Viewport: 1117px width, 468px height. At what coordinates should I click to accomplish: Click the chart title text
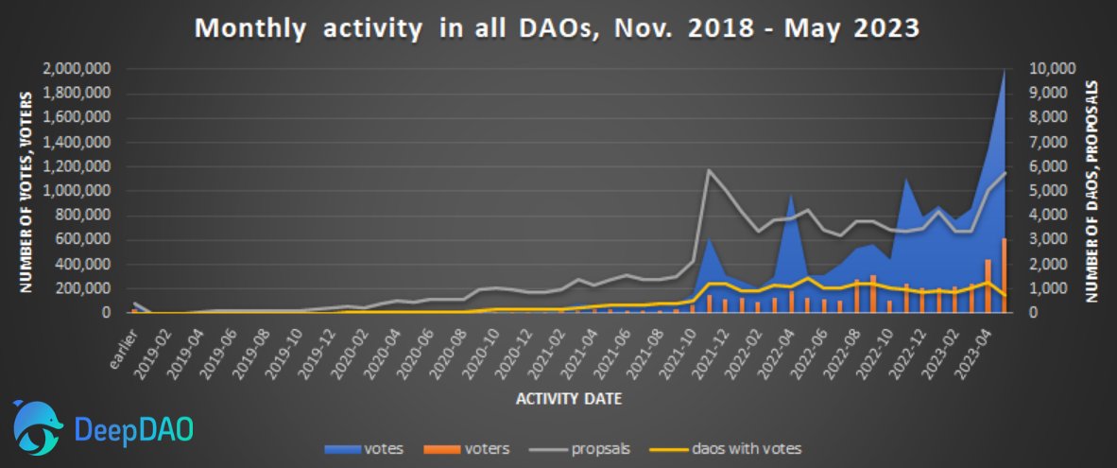[558, 28]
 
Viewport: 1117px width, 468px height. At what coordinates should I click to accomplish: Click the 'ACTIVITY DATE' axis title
[568, 399]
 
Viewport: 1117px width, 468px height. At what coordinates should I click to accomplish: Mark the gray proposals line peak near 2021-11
[709, 171]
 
